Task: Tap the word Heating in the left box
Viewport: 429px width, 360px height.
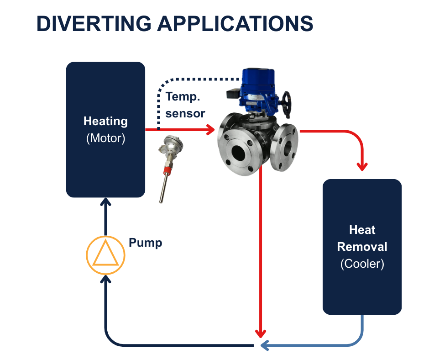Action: click(105, 122)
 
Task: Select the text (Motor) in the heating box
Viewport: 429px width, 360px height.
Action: click(105, 138)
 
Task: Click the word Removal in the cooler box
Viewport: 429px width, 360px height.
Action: click(362, 247)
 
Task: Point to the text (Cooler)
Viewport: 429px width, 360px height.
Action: click(362, 264)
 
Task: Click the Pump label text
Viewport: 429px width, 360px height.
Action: click(145, 243)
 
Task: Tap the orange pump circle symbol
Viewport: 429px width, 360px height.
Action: click(105, 255)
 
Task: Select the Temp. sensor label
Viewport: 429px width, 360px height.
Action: click(185, 105)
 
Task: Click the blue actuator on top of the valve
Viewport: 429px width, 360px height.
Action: click(258, 85)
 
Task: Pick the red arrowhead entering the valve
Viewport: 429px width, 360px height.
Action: click(210, 130)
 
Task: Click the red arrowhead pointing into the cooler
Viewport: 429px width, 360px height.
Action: click(362, 166)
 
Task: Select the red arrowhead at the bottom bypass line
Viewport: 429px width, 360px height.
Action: click(261, 333)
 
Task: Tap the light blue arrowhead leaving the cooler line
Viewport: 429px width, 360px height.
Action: click(264, 345)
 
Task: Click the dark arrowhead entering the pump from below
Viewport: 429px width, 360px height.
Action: click(105, 278)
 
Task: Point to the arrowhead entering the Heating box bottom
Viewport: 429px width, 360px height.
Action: click(105, 202)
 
